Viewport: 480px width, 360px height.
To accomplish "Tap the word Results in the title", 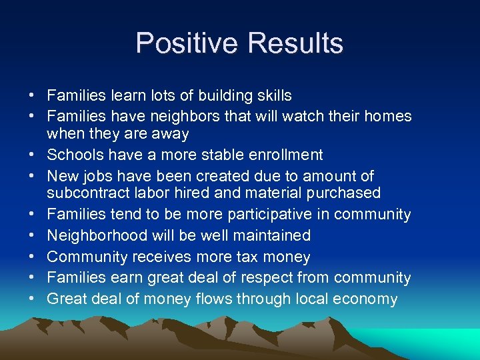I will click(295, 44).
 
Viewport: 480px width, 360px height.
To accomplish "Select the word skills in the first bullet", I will click(272, 96).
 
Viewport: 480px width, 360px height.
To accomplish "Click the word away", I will click(170, 134).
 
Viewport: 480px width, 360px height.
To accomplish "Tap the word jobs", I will click(96, 177).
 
